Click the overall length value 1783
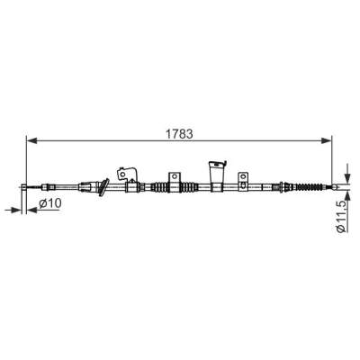[179, 134]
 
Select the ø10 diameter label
[50, 203]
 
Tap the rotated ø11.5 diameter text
[342, 216]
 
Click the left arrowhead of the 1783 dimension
[31, 140]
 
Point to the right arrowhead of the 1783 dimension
[327, 140]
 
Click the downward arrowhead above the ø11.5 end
[347, 178]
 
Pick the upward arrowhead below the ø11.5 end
[347, 196]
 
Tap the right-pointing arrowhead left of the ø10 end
[17, 210]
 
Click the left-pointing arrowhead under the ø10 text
[31, 210]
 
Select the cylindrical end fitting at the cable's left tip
[24, 187]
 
